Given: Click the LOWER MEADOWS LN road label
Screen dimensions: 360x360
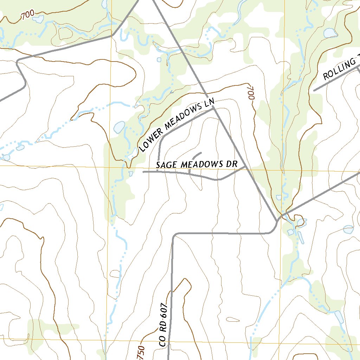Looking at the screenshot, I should point(176,126).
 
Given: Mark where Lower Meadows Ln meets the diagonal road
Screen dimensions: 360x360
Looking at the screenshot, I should point(214,108).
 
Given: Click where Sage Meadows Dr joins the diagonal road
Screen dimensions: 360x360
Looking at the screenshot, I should point(246,168).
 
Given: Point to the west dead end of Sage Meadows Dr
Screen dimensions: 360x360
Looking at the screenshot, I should point(143,172).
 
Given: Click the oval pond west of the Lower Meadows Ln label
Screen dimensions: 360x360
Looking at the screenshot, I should point(119,127).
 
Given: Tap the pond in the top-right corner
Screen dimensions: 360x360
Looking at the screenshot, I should point(331,33).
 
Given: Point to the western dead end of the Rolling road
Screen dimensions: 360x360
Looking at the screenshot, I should point(314,90).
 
